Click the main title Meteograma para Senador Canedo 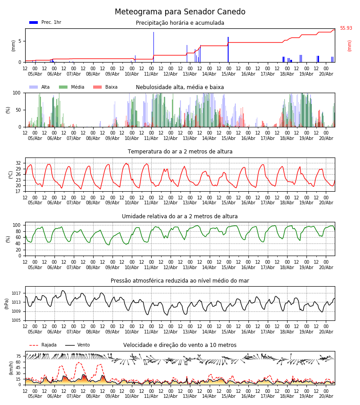[180, 12]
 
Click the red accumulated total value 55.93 [346, 28]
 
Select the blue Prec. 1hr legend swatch [34, 22]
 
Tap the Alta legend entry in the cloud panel [40, 87]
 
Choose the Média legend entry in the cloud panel [72, 87]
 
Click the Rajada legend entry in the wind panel [43, 345]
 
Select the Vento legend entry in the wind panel [77, 345]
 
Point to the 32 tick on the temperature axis [18, 163]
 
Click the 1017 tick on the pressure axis [16, 293]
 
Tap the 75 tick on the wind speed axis [18, 356]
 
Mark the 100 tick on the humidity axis [17, 225]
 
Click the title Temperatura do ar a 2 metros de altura [180, 152]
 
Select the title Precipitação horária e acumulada [180, 23]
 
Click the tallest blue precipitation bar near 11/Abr [153, 47]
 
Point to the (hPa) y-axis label [7, 304]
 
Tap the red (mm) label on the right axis [349, 46]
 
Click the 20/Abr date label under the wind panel [326, 396]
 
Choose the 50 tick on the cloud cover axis [18, 110]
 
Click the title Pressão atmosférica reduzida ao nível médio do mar [180, 281]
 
